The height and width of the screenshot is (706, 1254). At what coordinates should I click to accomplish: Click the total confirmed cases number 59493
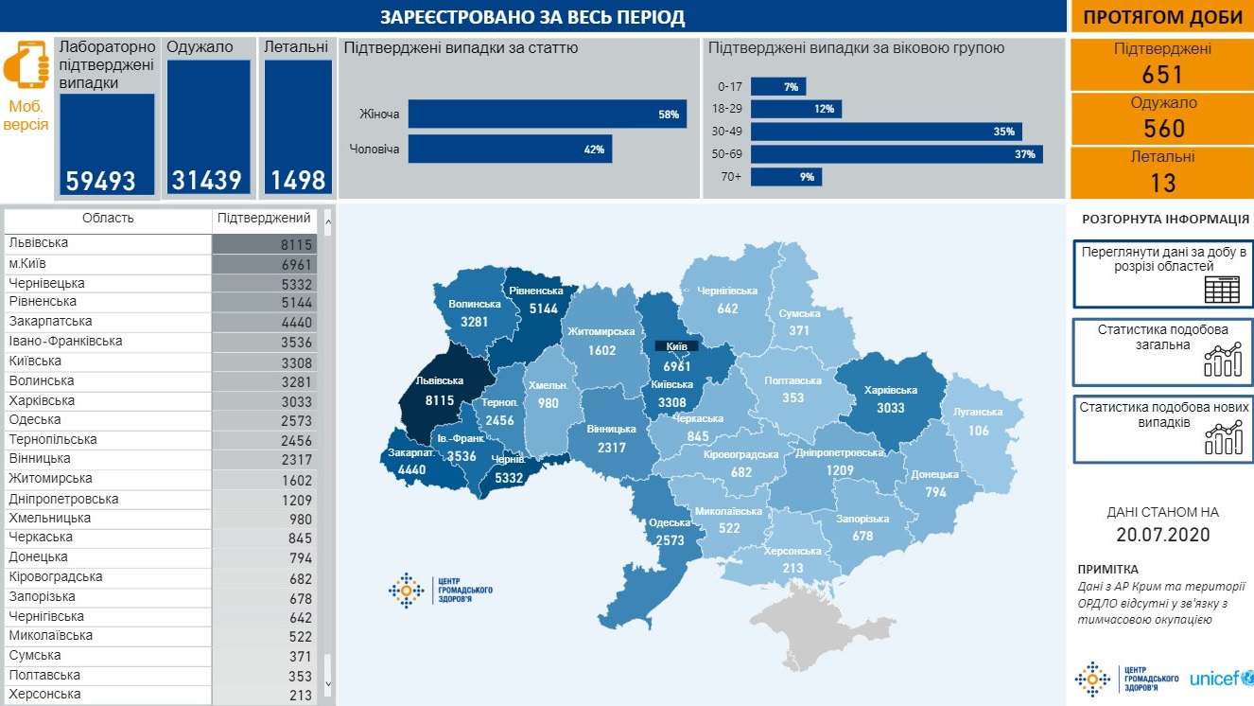pos(101,180)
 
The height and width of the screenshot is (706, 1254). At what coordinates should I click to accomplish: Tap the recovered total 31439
pos(207,180)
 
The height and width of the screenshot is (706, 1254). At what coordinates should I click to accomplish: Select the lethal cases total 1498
pos(298,180)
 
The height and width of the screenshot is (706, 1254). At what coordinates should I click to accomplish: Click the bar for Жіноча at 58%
pos(547,115)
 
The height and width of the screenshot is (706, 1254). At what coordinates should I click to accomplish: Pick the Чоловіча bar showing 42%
pos(510,149)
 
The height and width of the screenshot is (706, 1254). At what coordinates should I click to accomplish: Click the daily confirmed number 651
pos(1162,75)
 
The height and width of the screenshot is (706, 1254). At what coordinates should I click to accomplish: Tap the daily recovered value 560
pos(1162,129)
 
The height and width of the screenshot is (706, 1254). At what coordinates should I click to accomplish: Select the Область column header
pos(108,219)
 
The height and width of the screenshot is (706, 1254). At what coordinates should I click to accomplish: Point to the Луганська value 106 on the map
pos(978,431)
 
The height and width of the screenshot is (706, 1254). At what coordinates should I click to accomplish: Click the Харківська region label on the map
pos(890,391)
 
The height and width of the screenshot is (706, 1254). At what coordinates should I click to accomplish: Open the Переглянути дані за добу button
pos(1162,274)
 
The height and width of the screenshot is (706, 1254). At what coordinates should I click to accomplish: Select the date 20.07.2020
pos(1162,534)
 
